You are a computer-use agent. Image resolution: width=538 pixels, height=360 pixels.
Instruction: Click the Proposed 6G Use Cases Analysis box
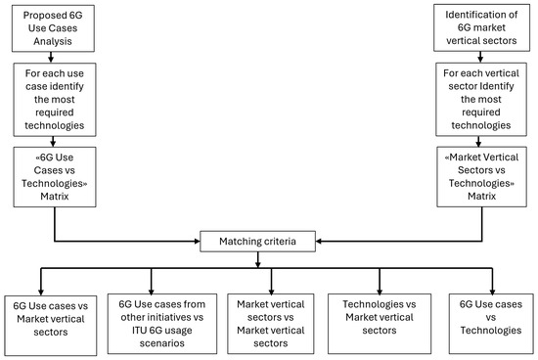point(54,28)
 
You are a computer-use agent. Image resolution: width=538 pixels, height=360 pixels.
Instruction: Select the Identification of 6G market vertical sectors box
point(482,28)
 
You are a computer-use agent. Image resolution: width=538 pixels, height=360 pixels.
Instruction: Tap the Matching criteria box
point(260,238)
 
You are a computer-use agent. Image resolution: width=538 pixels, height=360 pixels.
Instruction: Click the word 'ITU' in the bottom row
point(127,331)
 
